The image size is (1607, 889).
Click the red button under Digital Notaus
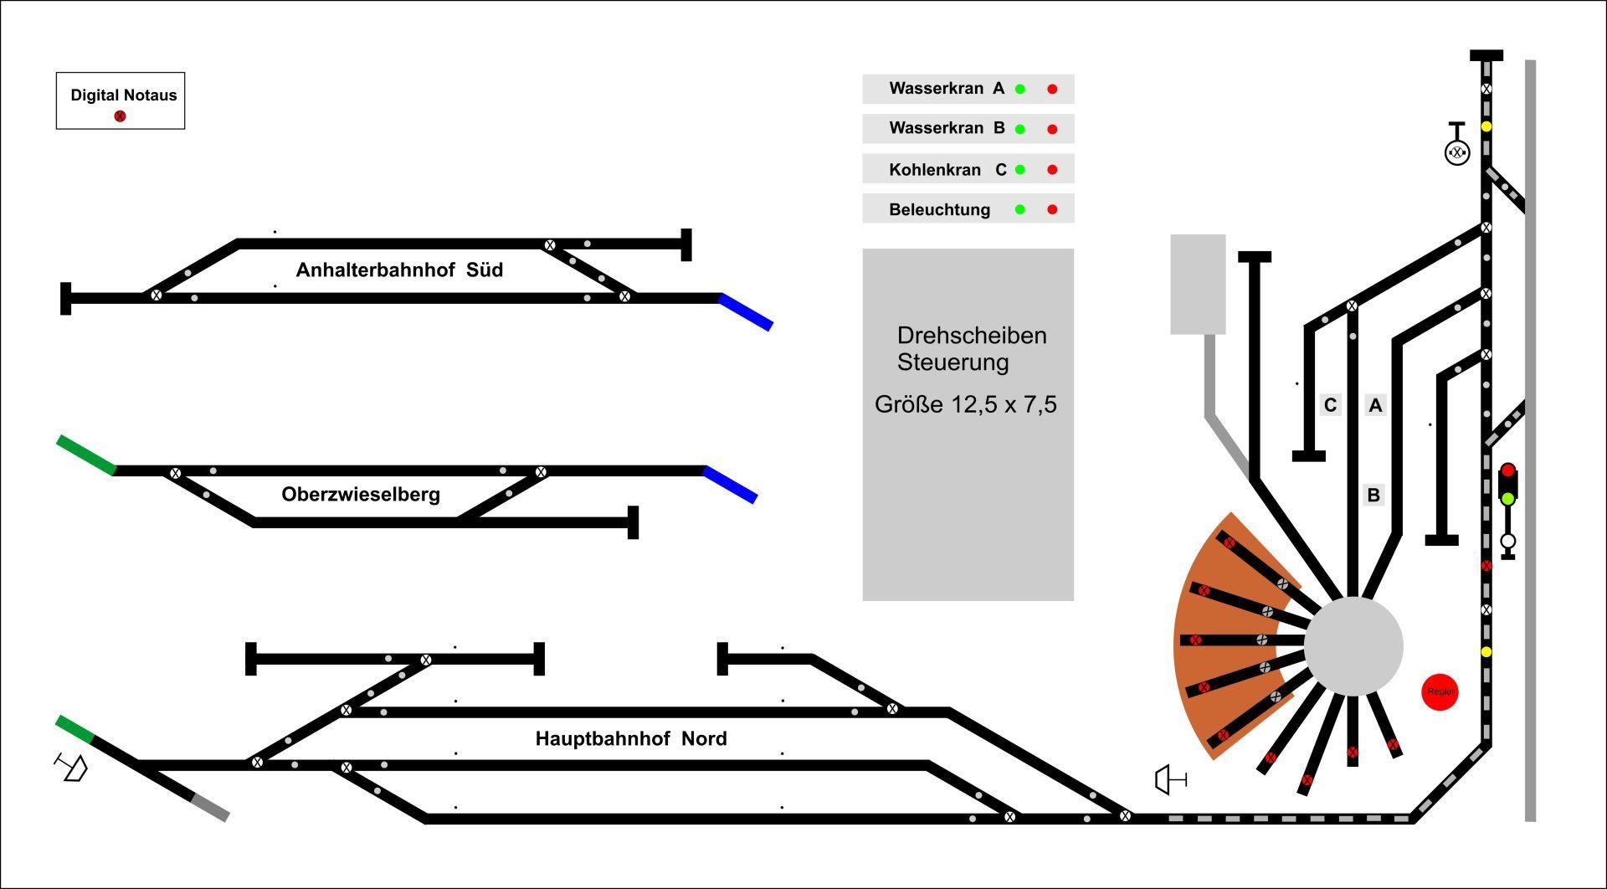click(120, 116)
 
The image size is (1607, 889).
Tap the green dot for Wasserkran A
click(1019, 89)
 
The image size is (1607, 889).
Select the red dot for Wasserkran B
click(1052, 129)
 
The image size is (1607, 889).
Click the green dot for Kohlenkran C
click(1019, 169)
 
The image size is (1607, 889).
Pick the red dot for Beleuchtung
click(1052, 209)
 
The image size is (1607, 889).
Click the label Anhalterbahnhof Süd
click(399, 270)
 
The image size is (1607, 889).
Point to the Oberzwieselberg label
click(360, 494)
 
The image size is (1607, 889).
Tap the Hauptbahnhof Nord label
click(631, 738)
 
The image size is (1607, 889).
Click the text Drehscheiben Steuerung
click(971, 348)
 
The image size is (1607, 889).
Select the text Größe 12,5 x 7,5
click(965, 404)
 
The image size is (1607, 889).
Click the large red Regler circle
click(1440, 691)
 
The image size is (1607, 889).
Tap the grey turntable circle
click(1353, 645)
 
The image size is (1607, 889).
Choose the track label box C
click(1330, 405)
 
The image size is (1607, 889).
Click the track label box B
click(1373, 495)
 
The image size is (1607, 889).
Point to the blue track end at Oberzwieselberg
click(731, 485)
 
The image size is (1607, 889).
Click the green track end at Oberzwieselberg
click(86, 455)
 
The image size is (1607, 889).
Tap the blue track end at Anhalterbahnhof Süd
click(746, 311)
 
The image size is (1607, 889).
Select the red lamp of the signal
click(1507, 470)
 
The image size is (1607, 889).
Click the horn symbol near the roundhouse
click(1169, 780)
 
